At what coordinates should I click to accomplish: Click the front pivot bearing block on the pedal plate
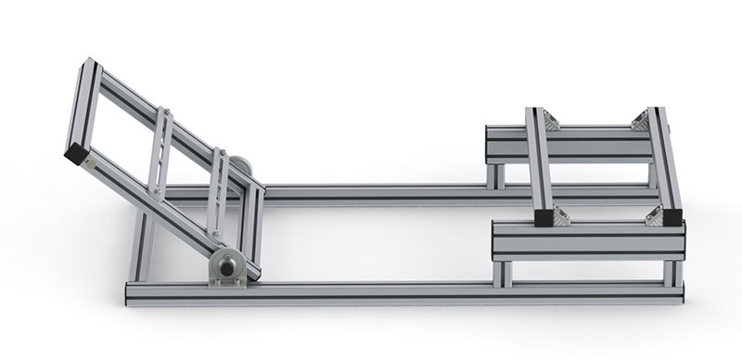tap(226, 268)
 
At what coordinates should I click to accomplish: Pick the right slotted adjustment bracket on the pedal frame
tap(219, 191)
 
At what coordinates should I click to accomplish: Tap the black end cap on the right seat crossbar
tap(672, 217)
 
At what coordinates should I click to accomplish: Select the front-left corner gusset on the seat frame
tap(560, 217)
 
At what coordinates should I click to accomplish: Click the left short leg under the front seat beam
tap(504, 273)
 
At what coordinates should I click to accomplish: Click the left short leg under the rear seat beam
tap(496, 175)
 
